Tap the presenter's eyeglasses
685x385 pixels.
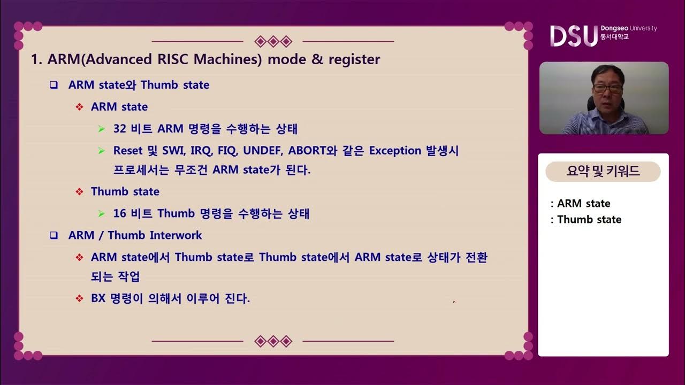(607, 89)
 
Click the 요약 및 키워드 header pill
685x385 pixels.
(603, 172)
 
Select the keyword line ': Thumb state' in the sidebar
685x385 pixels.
(586, 219)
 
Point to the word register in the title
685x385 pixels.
(353, 59)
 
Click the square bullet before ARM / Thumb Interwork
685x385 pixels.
(54, 235)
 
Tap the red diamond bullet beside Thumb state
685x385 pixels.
(80, 191)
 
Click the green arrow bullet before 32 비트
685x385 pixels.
(102, 129)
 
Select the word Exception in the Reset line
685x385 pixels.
(395, 151)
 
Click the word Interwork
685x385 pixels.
(176, 235)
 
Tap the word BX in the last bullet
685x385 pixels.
(98, 298)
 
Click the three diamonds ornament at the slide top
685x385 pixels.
(273, 41)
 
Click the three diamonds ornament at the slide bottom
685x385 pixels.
(273, 341)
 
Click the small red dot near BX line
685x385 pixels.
(454, 302)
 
